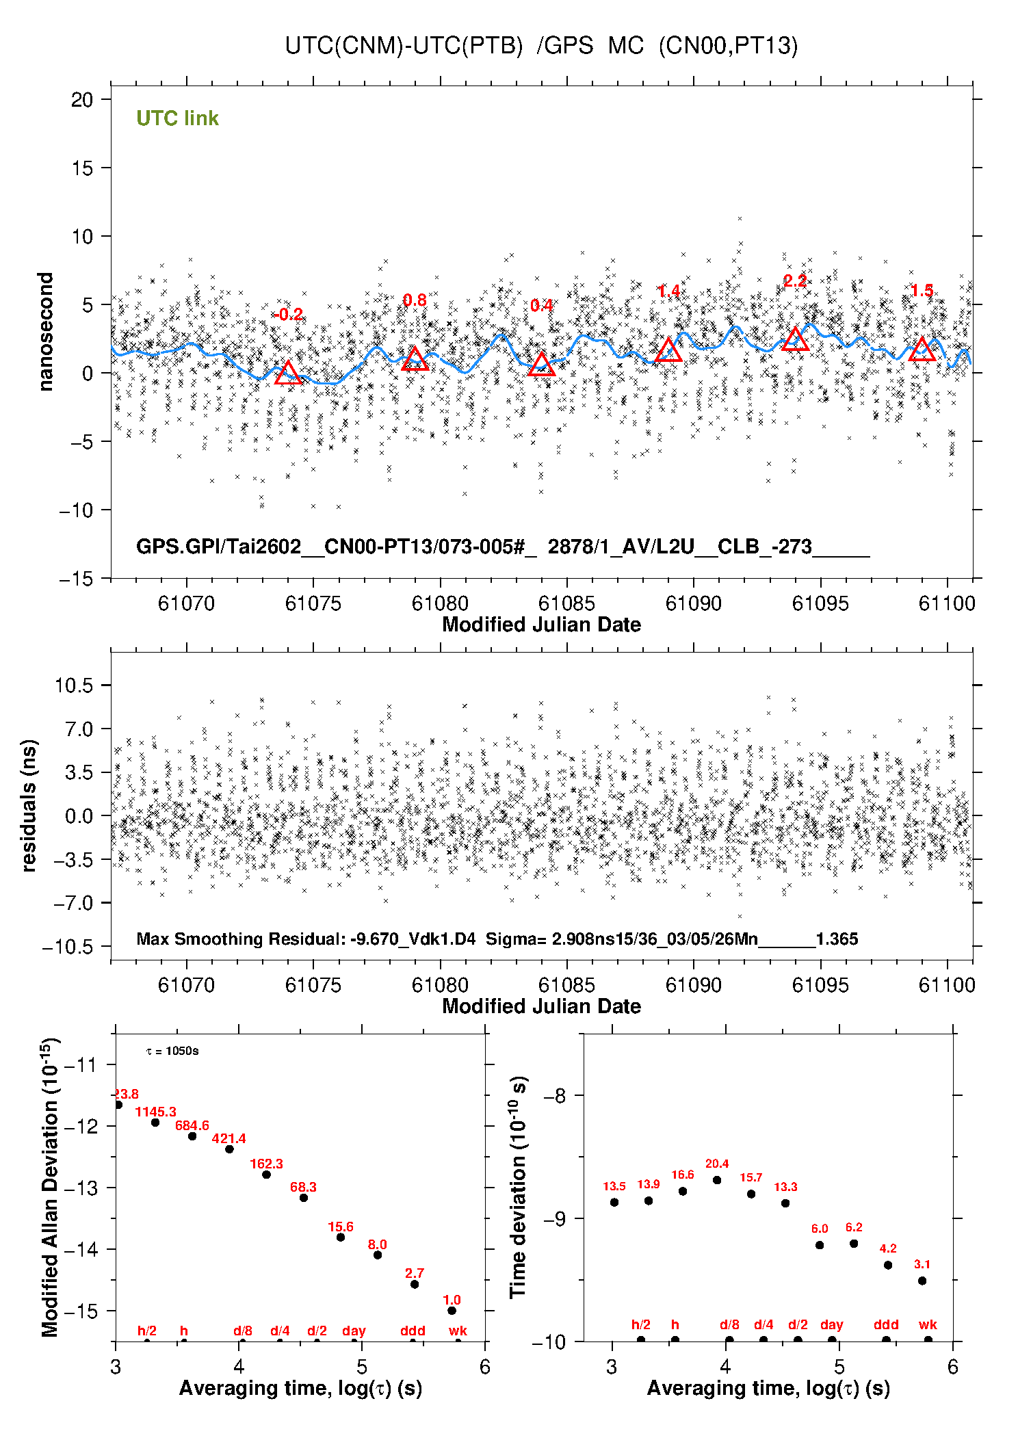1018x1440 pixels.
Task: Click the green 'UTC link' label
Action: pyautogui.click(x=177, y=118)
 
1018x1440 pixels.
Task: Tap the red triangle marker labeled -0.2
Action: pyautogui.click(x=288, y=373)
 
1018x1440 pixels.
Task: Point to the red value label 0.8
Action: pyautogui.click(x=415, y=300)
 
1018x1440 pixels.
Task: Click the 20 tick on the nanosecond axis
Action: pyautogui.click(x=82, y=100)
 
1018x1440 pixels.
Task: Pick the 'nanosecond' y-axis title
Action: pyautogui.click(x=45, y=332)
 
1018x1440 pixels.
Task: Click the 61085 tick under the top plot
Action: pyautogui.click(x=566, y=603)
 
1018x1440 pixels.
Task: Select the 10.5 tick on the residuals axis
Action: pyautogui.click(x=74, y=685)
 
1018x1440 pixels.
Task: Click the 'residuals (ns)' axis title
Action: pyautogui.click(x=29, y=805)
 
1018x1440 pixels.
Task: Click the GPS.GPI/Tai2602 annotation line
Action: pyautogui.click(x=502, y=547)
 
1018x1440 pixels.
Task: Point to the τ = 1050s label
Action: pyautogui.click(x=172, y=1051)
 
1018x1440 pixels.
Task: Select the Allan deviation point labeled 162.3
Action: pyautogui.click(x=266, y=1175)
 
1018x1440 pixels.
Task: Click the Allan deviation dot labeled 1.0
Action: pyautogui.click(x=452, y=1311)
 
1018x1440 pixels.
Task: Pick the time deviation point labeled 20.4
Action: pyautogui.click(x=717, y=1180)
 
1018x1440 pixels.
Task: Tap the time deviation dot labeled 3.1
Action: pyautogui.click(x=922, y=1281)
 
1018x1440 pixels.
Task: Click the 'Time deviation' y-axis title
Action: pyautogui.click(x=518, y=1186)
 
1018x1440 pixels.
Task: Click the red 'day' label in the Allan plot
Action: pyautogui.click(x=354, y=1331)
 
